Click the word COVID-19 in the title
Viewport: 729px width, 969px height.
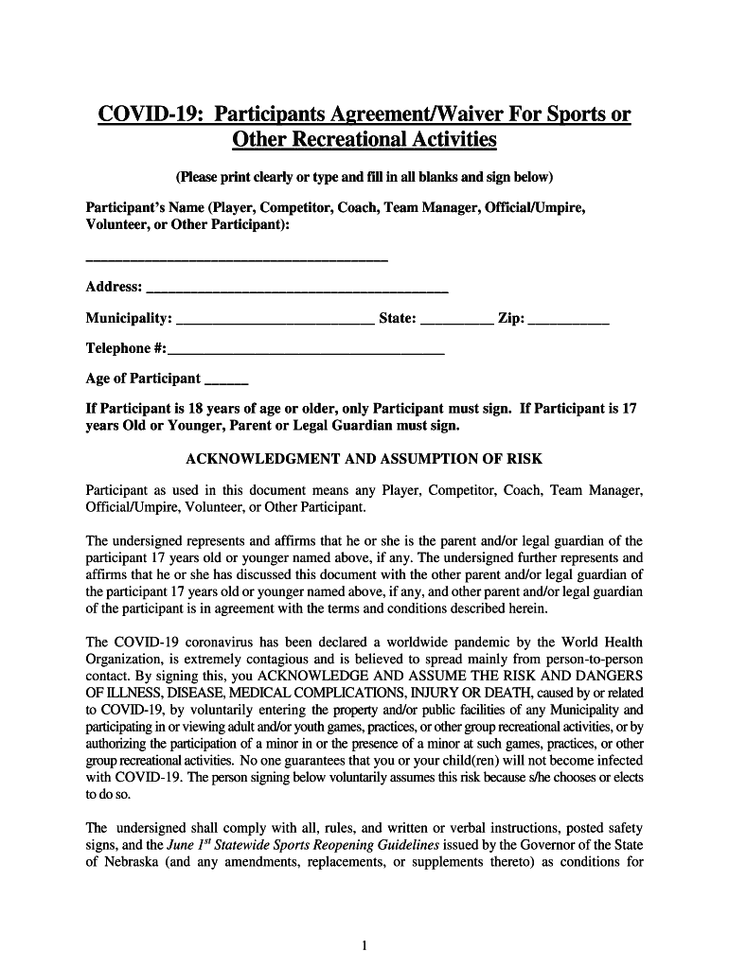tap(151, 116)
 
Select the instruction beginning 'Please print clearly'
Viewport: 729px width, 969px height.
tap(364, 177)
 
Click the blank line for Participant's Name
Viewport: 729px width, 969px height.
tap(237, 256)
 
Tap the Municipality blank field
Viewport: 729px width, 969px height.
tap(275, 322)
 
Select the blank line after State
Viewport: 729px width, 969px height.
tap(455, 322)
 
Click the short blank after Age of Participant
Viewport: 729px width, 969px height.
tap(226, 382)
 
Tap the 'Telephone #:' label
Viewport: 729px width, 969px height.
tap(126, 348)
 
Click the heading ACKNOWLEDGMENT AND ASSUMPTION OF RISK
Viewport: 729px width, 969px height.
tap(364, 459)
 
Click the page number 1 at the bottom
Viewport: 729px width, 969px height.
tap(364, 944)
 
